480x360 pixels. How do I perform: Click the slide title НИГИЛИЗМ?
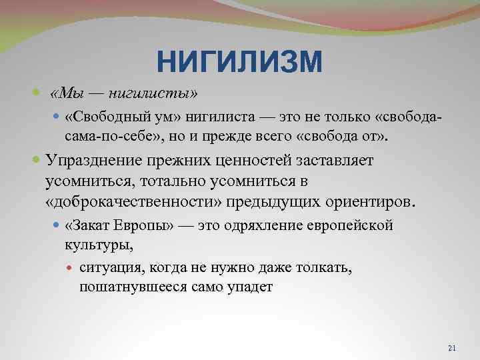[x=239, y=63]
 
